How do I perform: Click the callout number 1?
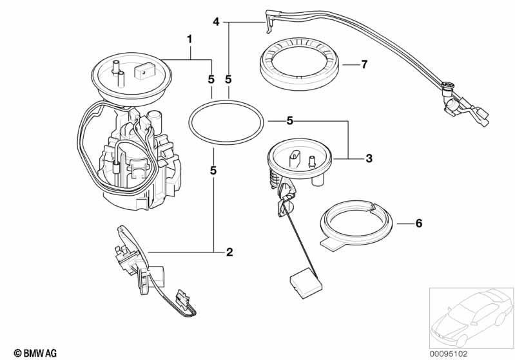click(189, 40)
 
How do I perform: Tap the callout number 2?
click(229, 252)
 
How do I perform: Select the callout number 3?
click(369, 158)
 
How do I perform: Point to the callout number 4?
click(216, 22)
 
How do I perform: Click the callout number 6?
click(419, 223)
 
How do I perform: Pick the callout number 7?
click(364, 64)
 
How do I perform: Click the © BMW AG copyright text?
click(35, 353)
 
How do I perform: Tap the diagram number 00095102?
click(449, 354)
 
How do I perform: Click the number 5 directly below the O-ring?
click(213, 171)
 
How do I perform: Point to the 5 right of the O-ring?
click(289, 121)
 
